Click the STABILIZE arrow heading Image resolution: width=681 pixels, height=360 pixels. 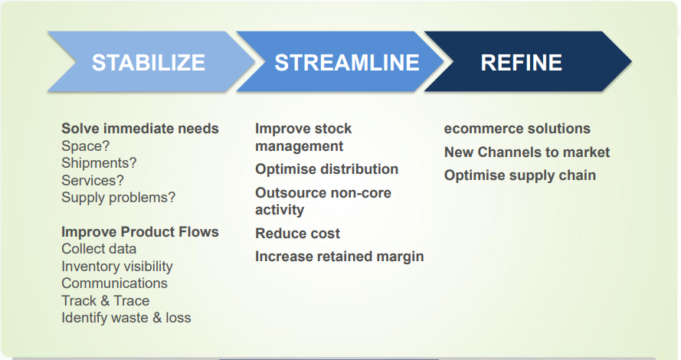[149, 63]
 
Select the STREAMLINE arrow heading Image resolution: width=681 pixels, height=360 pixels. [347, 63]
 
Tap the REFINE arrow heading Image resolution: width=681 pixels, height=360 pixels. [521, 63]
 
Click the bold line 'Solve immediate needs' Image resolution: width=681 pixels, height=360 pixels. [140, 129]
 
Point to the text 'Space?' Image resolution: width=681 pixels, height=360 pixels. [86, 146]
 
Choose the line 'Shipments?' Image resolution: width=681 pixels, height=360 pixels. [99, 163]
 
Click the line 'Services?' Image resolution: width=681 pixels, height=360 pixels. [93, 180]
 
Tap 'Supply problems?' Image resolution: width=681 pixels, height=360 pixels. [118, 198]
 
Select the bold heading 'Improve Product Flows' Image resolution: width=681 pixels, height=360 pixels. [140, 232]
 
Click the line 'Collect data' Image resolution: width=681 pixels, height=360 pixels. [99, 249]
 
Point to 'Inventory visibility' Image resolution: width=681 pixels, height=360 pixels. [117, 267]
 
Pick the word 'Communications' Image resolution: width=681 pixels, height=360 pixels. [114, 283]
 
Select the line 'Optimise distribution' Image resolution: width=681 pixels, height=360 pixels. [326, 169]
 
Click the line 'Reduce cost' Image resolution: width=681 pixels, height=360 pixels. [297, 234]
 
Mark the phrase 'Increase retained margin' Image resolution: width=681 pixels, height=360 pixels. [339, 257]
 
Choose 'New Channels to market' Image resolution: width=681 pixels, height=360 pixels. [527, 152]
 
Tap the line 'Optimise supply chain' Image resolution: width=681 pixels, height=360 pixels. [520, 175]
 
